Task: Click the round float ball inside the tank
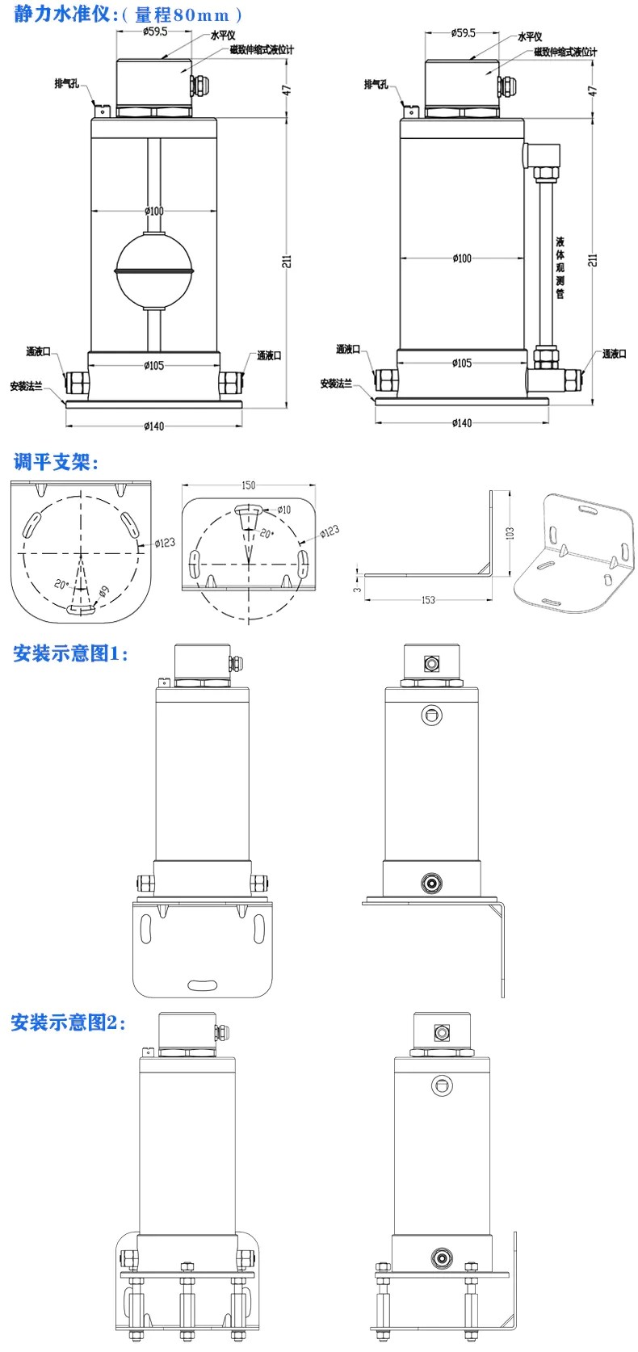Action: (x=153, y=268)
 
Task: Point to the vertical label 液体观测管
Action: (x=560, y=267)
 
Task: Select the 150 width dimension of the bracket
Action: (x=248, y=485)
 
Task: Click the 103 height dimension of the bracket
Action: (x=510, y=533)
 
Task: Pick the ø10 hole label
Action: (x=283, y=510)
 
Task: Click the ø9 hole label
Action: (x=103, y=592)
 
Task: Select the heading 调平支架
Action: (x=55, y=463)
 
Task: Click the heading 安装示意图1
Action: (x=70, y=653)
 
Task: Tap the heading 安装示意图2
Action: (x=69, y=1022)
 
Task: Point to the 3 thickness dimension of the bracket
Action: (x=355, y=590)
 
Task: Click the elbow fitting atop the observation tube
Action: (x=541, y=153)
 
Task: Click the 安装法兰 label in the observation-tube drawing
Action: (x=336, y=384)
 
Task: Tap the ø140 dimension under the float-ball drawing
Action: (x=153, y=426)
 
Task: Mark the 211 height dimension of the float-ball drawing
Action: (x=287, y=260)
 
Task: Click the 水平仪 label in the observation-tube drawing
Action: (x=530, y=36)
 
